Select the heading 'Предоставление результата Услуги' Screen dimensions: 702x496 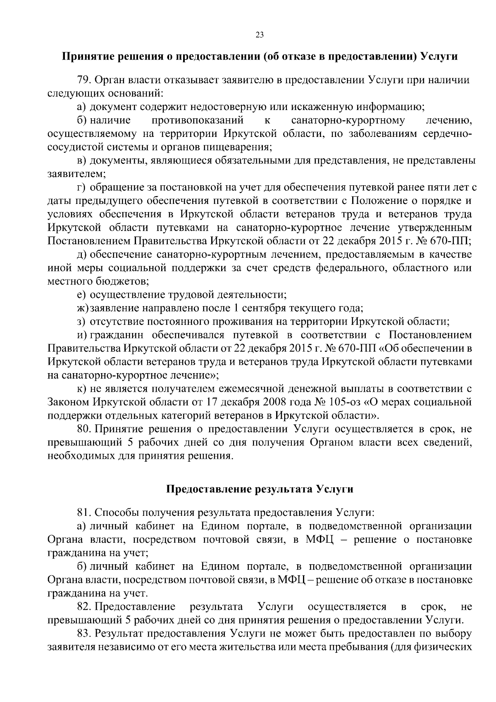coord(260,489)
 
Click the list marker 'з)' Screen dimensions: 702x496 coord(81,321)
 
